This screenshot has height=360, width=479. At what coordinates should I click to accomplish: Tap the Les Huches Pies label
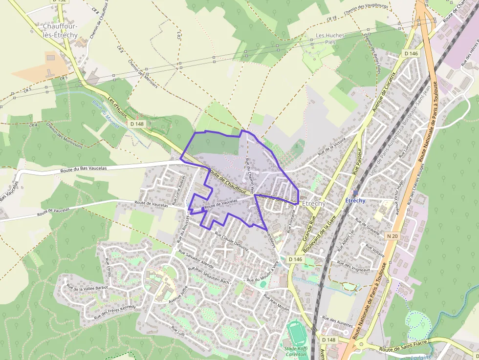[x=330, y=39]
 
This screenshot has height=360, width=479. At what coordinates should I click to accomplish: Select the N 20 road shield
[x=392, y=236]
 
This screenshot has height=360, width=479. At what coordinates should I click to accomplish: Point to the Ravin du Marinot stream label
[x=99, y=110]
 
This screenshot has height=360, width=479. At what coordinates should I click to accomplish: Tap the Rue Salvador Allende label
[x=196, y=259]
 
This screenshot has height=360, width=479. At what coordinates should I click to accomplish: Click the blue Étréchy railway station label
[x=355, y=201]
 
